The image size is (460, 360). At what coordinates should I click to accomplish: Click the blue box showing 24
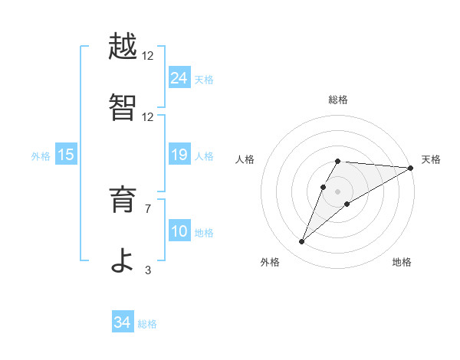click(179, 77)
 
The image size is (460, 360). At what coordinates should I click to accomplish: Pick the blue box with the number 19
click(179, 155)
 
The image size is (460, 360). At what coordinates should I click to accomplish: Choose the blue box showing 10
click(179, 231)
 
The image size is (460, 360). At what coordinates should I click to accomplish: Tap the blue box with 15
click(66, 155)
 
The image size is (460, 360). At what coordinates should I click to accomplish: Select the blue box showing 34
click(122, 322)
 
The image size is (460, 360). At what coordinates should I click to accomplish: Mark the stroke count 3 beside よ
click(148, 270)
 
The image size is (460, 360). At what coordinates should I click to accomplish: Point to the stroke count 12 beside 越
click(148, 55)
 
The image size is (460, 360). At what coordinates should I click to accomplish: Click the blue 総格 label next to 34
click(147, 324)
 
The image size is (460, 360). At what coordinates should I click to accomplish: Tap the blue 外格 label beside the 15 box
click(41, 156)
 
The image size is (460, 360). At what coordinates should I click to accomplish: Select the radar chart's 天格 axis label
click(431, 159)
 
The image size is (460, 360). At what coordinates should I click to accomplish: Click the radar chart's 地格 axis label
click(402, 262)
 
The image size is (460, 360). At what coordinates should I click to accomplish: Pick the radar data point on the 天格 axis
click(410, 168)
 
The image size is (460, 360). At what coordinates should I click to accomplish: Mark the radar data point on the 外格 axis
click(301, 242)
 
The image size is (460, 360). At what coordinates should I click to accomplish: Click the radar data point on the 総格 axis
click(337, 161)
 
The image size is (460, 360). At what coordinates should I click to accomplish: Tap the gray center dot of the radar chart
click(337, 191)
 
